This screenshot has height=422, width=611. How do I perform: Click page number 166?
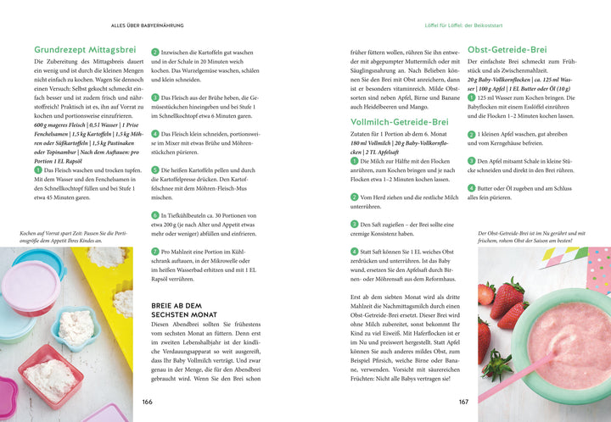[x=147, y=403]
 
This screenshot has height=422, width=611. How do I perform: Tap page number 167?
[x=463, y=403]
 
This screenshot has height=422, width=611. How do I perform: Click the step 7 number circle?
[x=154, y=252]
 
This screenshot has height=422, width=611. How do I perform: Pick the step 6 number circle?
[x=154, y=216]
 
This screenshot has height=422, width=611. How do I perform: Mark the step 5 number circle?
[x=154, y=169]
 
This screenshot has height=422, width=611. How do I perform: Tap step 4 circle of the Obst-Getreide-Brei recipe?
[x=472, y=188]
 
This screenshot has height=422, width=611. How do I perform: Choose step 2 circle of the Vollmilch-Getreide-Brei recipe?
[x=355, y=197]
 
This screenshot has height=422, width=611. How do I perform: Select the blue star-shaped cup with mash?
[x=75, y=327]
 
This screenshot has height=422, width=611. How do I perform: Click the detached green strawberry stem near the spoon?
[x=496, y=367]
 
